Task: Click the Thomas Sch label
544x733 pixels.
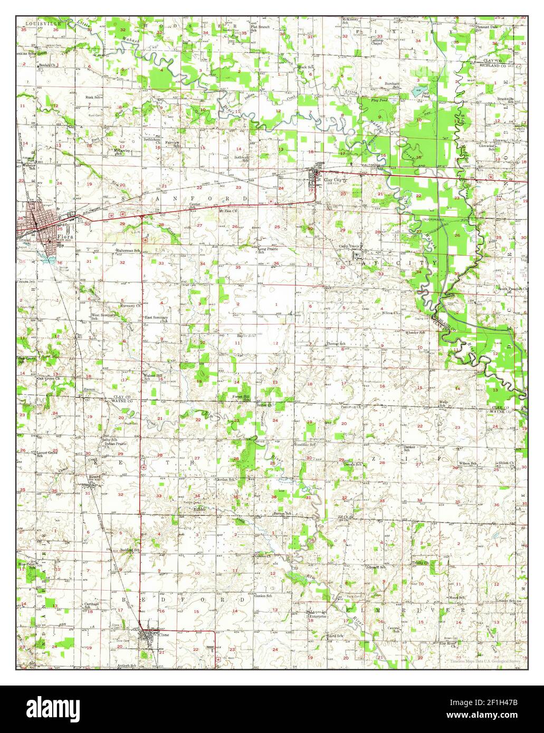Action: click(x=336, y=344)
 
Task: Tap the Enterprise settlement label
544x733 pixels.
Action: click(x=318, y=616)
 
